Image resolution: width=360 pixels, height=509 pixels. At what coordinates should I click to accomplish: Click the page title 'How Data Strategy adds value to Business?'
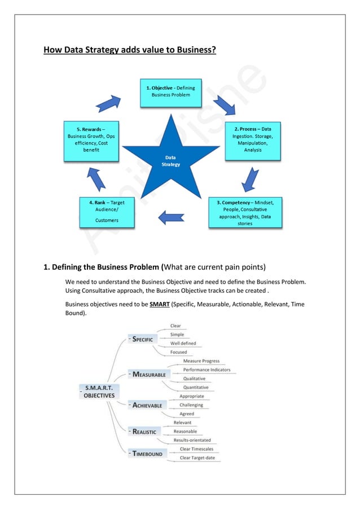tap(129, 51)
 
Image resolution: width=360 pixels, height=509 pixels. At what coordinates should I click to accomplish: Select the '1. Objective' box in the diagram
tap(171, 93)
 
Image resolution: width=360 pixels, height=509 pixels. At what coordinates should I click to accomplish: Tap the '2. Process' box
tap(252, 139)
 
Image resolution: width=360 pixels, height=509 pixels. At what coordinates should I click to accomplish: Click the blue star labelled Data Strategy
tap(172, 160)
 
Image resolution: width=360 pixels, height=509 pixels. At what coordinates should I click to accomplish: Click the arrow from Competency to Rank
tap(172, 217)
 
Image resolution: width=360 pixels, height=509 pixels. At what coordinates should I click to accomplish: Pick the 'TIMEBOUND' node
tap(147, 453)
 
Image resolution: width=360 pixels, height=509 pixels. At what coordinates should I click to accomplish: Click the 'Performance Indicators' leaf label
tap(207, 370)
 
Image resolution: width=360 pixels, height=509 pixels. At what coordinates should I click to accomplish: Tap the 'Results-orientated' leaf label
tap(192, 440)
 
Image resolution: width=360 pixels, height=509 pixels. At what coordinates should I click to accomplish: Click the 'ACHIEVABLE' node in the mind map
tap(147, 405)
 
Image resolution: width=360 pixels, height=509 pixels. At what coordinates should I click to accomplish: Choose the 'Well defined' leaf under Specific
tap(183, 343)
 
